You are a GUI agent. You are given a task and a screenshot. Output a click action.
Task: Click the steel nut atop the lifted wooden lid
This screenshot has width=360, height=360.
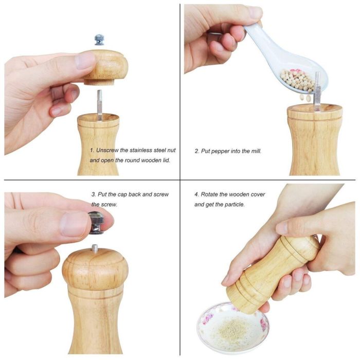click(x=99, y=40)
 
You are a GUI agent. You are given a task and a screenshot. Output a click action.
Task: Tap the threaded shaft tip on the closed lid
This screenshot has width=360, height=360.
click(x=95, y=249)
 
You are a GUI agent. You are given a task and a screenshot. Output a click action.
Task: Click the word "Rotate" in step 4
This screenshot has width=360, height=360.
click(x=212, y=195)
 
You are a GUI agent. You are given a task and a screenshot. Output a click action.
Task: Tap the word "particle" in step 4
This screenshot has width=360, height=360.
click(x=234, y=204)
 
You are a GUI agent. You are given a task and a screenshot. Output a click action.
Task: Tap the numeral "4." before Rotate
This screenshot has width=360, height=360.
click(x=196, y=195)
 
